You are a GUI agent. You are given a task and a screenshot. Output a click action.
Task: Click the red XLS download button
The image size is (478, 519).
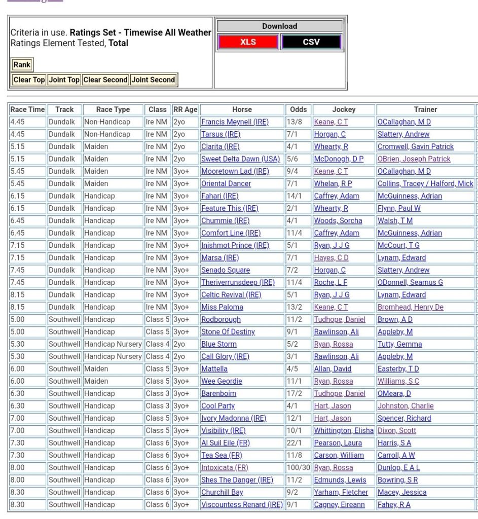click(248, 42)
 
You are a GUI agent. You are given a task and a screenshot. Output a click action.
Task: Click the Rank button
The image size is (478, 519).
click(22, 64)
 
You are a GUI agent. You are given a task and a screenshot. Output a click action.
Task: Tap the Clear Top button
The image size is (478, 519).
click(29, 80)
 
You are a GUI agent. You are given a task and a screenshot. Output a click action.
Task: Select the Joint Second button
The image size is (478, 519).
click(153, 80)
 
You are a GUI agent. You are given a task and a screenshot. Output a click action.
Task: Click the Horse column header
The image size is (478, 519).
click(242, 109)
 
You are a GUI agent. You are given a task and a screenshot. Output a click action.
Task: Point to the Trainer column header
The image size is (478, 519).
click(425, 109)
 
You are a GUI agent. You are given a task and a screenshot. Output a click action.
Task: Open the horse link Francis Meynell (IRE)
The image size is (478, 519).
click(235, 122)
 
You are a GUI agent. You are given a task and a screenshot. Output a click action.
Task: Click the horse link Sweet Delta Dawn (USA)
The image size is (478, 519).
click(240, 159)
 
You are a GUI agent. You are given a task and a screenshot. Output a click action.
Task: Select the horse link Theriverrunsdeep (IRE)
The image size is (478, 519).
click(238, 282)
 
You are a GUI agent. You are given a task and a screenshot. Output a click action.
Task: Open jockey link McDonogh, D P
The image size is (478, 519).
click(339, 159)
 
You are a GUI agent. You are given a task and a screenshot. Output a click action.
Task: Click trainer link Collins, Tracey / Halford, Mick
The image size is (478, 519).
click(425, 183)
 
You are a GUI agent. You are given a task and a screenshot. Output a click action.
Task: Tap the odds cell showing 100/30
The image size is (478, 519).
click(298, 468)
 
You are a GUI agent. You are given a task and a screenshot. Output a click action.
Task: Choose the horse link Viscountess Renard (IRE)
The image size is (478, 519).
click(242, 505)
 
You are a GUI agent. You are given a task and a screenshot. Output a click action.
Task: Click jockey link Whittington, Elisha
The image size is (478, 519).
click(344, 431)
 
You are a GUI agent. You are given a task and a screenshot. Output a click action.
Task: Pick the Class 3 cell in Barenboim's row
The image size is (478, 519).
click(157, 394)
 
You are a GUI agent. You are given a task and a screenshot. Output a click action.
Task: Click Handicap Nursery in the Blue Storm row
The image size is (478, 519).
click(113, 344)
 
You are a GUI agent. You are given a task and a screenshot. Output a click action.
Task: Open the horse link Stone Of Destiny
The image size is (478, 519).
click(228, 332)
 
